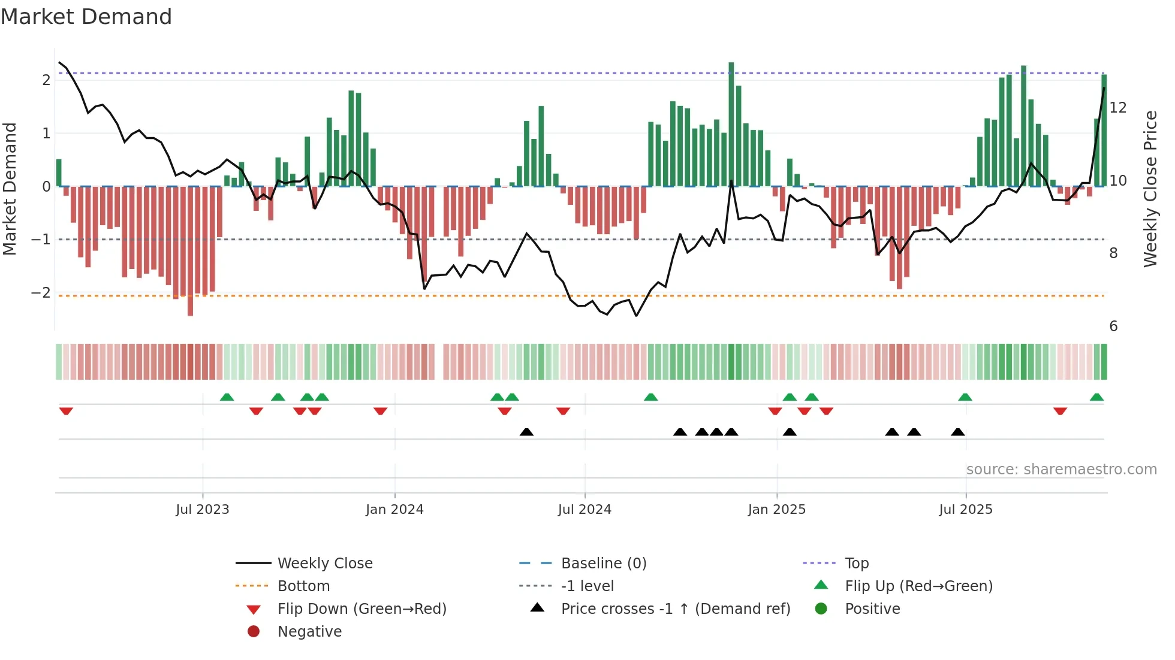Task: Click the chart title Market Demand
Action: tap(86, 17)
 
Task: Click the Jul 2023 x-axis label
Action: tap(203, 510)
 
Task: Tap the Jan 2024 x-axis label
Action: tap(394, 510)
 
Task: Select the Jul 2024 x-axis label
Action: tap(585, 510)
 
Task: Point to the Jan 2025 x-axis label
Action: tap(777, 510)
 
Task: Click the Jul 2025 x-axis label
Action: tap(966, 510)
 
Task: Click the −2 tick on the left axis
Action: tap(41, 293)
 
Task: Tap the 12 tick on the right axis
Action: tap(1118, 108)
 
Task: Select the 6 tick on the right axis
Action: tap(1113, 326)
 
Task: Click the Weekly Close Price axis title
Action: tap(1150, 189)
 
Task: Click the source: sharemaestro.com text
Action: tap(1061, 470)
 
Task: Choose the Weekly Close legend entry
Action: tap(324, 564)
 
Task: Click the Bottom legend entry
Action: tap(303, 586)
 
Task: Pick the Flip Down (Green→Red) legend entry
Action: tap(361, 609)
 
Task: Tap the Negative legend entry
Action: tap(309, 632)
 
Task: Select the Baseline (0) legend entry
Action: tap(603, 564)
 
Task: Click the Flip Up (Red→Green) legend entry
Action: tap(918, 586)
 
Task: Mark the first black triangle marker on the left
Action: tap(526, 432)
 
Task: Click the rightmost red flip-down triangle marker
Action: tap(1060, 411)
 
